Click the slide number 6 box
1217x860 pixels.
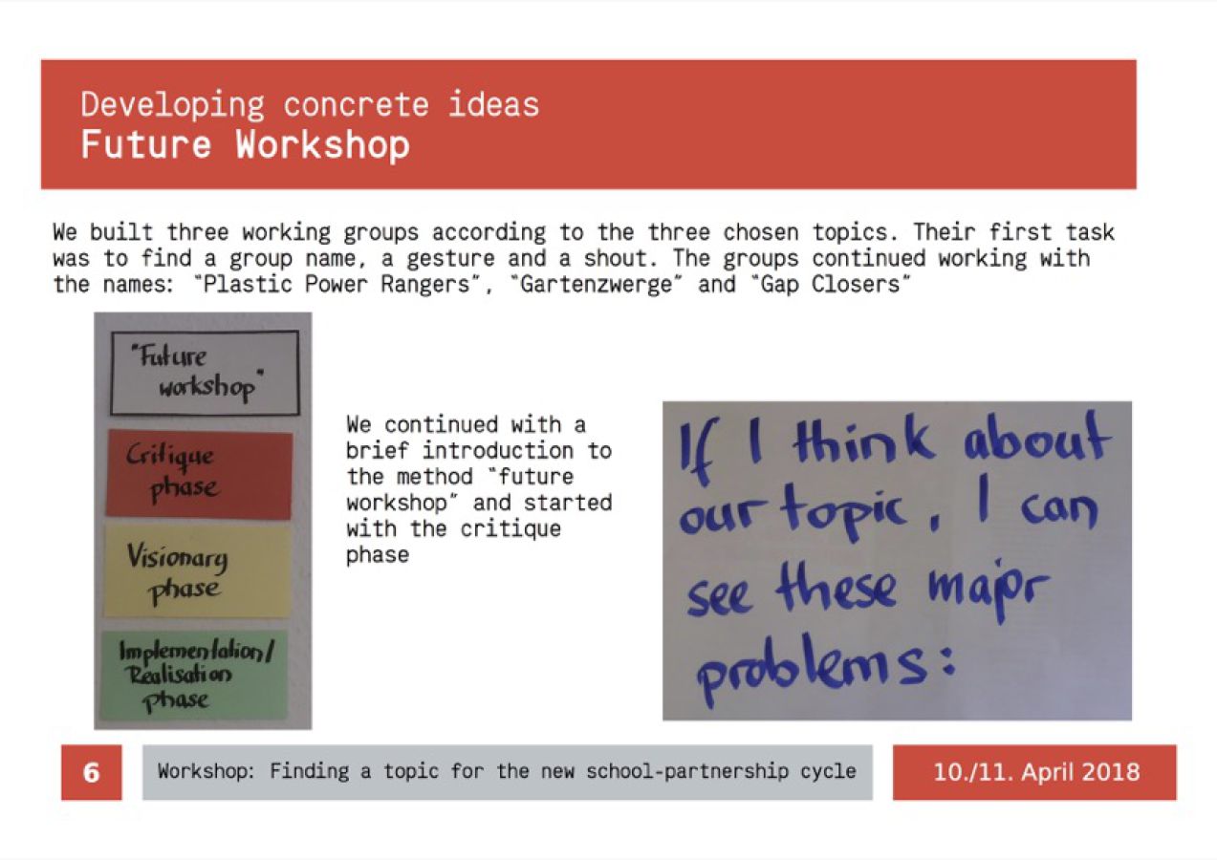[x=91, y=772]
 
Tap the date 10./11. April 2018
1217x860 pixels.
[x=1036, y=772]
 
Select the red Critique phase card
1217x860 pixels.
[x=199, y=474]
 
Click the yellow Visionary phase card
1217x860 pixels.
[x=198, y=571]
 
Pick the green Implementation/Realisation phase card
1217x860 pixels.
[x=194, y=676]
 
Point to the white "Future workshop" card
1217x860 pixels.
[x=206, y=373]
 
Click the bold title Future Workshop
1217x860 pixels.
[x=245, y=145]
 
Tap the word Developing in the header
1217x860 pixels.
[x=173, y=105]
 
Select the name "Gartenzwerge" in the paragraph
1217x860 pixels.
[x=596, y=285]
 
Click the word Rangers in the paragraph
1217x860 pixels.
[x=425, y=285]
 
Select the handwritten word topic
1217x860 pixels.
[x=842, y=512]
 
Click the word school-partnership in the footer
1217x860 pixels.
[x=687, y=771]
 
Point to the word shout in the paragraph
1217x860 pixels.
[x=616, y=258]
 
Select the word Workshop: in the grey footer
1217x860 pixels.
[x=206, y=771]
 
